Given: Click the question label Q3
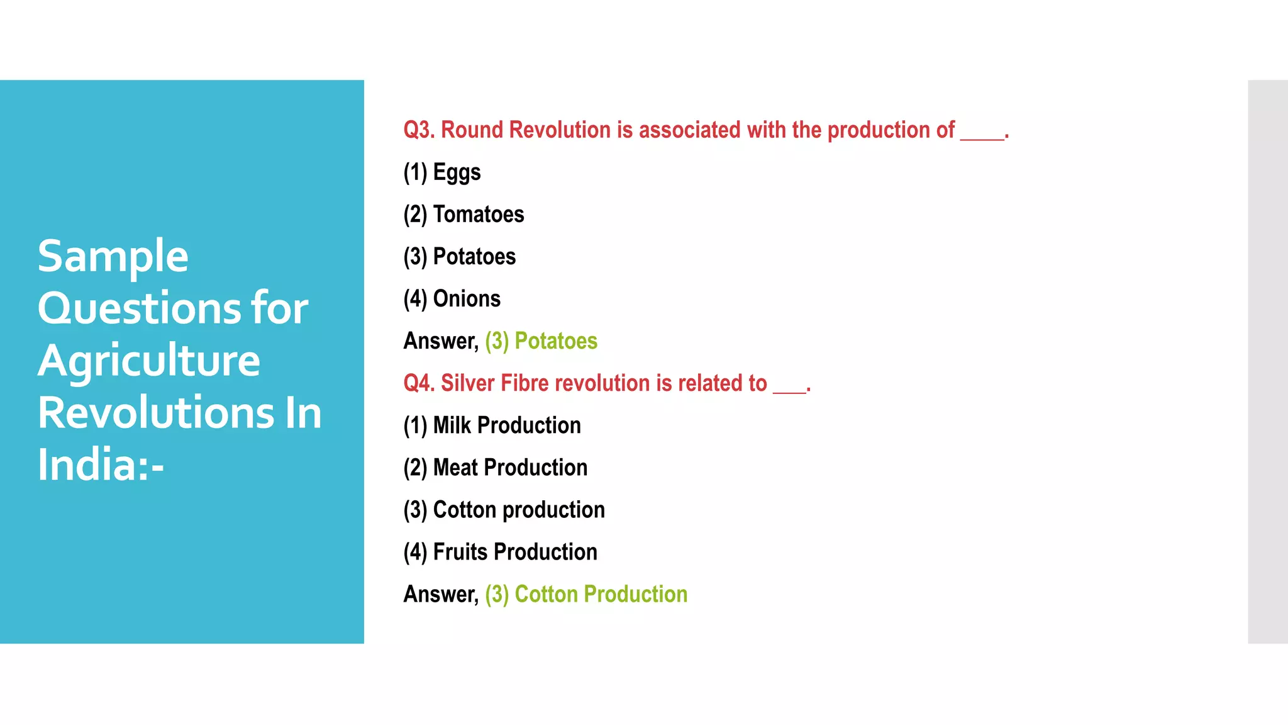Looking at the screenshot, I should [419, 130].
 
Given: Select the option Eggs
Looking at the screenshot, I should [457, 172].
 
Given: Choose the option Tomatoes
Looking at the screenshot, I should [478, 215].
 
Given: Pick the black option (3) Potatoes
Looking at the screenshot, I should [460, 257].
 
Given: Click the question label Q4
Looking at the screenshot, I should [419, 383].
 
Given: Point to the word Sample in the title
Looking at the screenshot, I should [113, 257].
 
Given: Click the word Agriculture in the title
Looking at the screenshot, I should [149, 361].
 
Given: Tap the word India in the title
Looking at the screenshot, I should [88, 465].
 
